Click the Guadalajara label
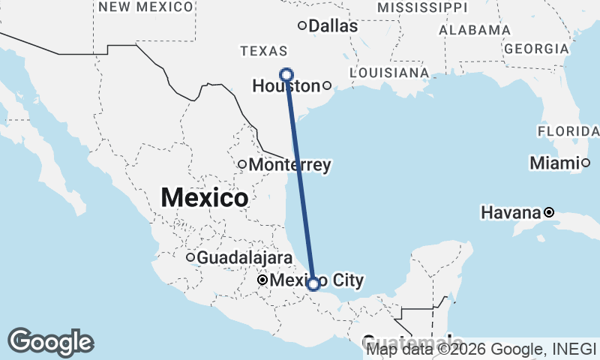[x=244, y=258]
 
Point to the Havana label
[x=511, y=213]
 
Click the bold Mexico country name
[x=205, y=198]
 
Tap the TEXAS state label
[x=263, y=51]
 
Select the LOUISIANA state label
[x=389, y=73]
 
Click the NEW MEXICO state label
[x=145, y=7]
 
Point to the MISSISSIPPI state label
[x=421, y=7]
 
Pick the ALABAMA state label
[x=474, y=30]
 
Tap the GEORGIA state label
[x=536, y=49]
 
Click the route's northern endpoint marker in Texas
[x=286, y=73]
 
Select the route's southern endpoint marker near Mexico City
[x=313, y=283]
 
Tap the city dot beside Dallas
[x=302, y=25]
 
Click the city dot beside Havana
[x=549, y=212]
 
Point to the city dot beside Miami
[x=586, y=163]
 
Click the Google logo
[x=50, y=342]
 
